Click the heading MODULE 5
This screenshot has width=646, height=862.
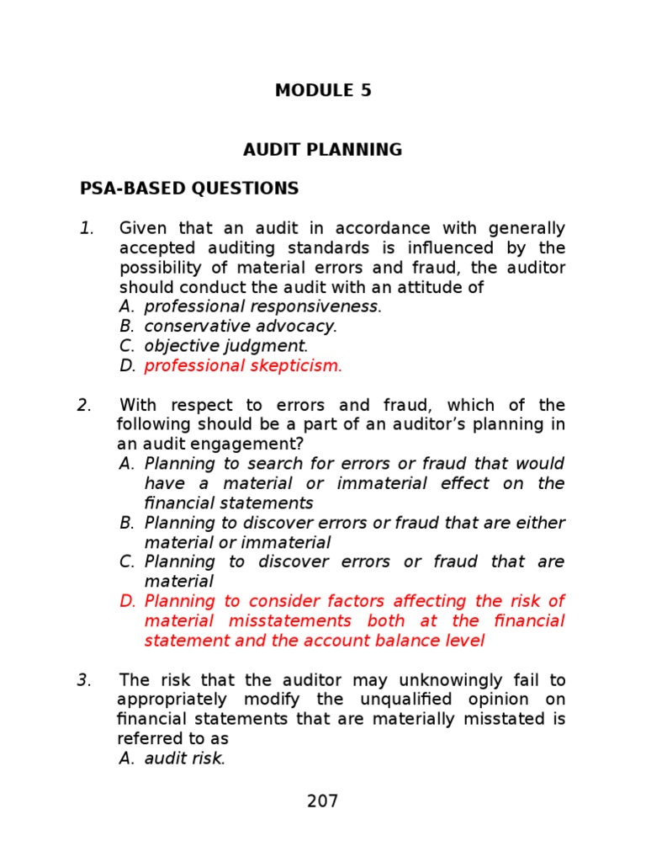click(x=323, y=91)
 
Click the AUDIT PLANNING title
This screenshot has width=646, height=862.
click(x=323, y=150)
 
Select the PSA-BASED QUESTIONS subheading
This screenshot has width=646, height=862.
click(x=189, y=189)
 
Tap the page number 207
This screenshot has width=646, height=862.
click(x=322, y=801)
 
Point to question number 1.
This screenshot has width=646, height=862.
click(x=87, y=229)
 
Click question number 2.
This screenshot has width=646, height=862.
click(x=84, y=405)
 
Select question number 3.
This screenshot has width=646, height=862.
click(x=84, y=680)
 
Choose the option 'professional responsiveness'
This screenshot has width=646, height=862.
click(x=262, y=306)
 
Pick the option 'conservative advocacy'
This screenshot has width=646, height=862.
click(x=240, y=326)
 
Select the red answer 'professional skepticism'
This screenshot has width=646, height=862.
click(x=242, y=365)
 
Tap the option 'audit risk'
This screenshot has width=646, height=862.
click(x=184, y=758)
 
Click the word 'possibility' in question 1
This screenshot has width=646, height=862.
click(x=160, y=268)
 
